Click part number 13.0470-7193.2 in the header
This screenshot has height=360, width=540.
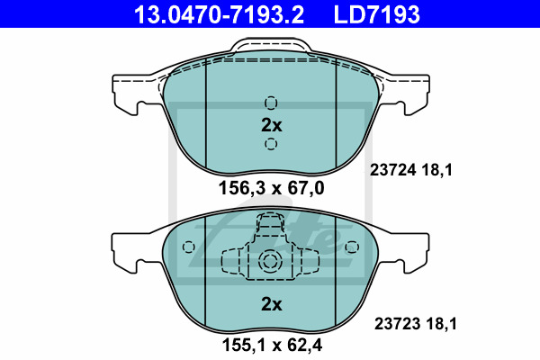pos(219,14)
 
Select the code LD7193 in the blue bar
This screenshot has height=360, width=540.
pos(377,14)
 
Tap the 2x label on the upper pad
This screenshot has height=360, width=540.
pos(272,125)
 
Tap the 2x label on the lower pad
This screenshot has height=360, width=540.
pos(272,304)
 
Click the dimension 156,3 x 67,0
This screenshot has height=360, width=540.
pos(272,188)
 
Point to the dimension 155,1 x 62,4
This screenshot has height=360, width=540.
pos(272,345)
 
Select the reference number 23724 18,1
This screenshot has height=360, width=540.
pos(411,170)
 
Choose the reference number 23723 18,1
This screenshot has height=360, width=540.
pos(415,324)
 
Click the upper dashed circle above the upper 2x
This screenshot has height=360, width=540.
pos(271,103)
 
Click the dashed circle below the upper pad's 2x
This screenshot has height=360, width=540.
pos(271,143)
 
